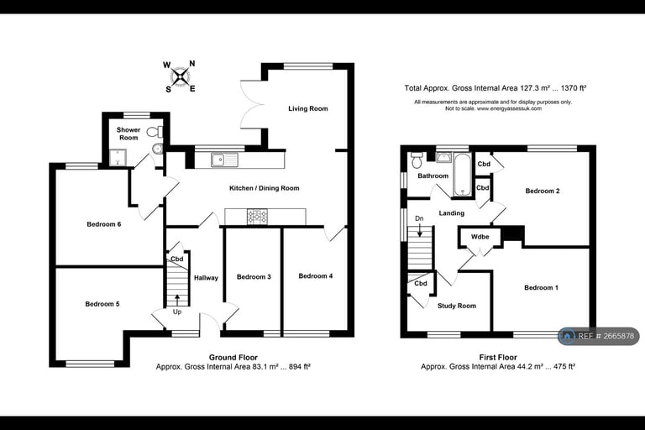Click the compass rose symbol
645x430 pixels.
pos(181,76)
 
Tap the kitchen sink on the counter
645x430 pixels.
pos(224,160)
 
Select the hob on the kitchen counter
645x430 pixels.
pos(257,217)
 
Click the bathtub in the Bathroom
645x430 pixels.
pos(463,175)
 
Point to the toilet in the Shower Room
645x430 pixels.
pos(155,132)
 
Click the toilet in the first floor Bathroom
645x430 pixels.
pos(417,160)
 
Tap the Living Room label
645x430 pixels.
pos(308,108)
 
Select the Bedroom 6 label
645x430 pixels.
pos(103,224)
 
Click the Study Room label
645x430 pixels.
pos(457,306)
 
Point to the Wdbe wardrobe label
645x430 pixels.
pos(480,237)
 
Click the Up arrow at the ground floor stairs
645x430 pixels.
pos(177,300)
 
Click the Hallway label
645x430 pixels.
pos(206,278)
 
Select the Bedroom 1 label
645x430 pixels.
pos(542,287)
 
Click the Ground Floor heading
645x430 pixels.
pos(233,357)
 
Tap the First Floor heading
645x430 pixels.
pos(498,357)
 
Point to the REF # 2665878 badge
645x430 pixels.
pos(599,336)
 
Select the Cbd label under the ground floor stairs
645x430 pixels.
pos(177,259)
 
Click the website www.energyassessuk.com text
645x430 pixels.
pos(509,108)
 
